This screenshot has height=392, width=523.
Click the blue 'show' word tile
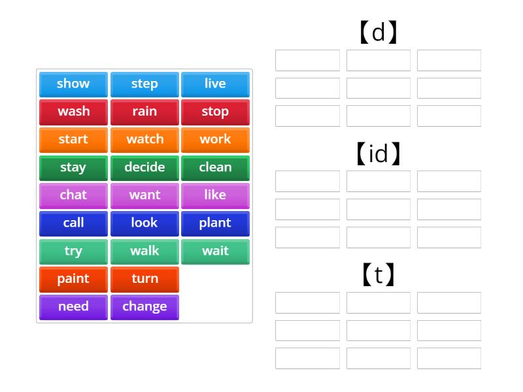[x=73, y=84]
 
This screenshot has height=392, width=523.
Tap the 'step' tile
[x=144, y=84]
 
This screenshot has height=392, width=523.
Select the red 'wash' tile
[x=73, y=112]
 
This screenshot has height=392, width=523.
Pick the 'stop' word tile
[x=215, y=112]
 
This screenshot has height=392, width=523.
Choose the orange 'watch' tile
[x=144, y=139]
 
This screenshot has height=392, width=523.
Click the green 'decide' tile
[x=144, y=167]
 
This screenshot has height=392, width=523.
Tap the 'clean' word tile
[x=215, y=167]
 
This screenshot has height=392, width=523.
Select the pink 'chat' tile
[x=73, y=195]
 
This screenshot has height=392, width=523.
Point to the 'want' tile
[x=144, y=195]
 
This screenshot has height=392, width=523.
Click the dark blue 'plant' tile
[x=215, y=223]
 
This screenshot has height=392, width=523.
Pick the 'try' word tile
[x=73, y=251]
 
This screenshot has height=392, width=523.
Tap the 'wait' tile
[x=215, y=251]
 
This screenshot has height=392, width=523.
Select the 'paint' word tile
[x=73, y=279]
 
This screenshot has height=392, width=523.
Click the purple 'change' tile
[x=144, y=306]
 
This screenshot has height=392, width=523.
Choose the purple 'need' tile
[x=73, y=306]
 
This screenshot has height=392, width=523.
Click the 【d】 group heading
[x=379, y=32]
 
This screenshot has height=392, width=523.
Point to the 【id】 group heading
[x=379, y=154]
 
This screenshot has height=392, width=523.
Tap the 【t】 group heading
[x=379, y=275]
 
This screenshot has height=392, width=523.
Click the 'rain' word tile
[x=144, y=112]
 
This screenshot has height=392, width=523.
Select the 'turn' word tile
[x=144, y=279]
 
